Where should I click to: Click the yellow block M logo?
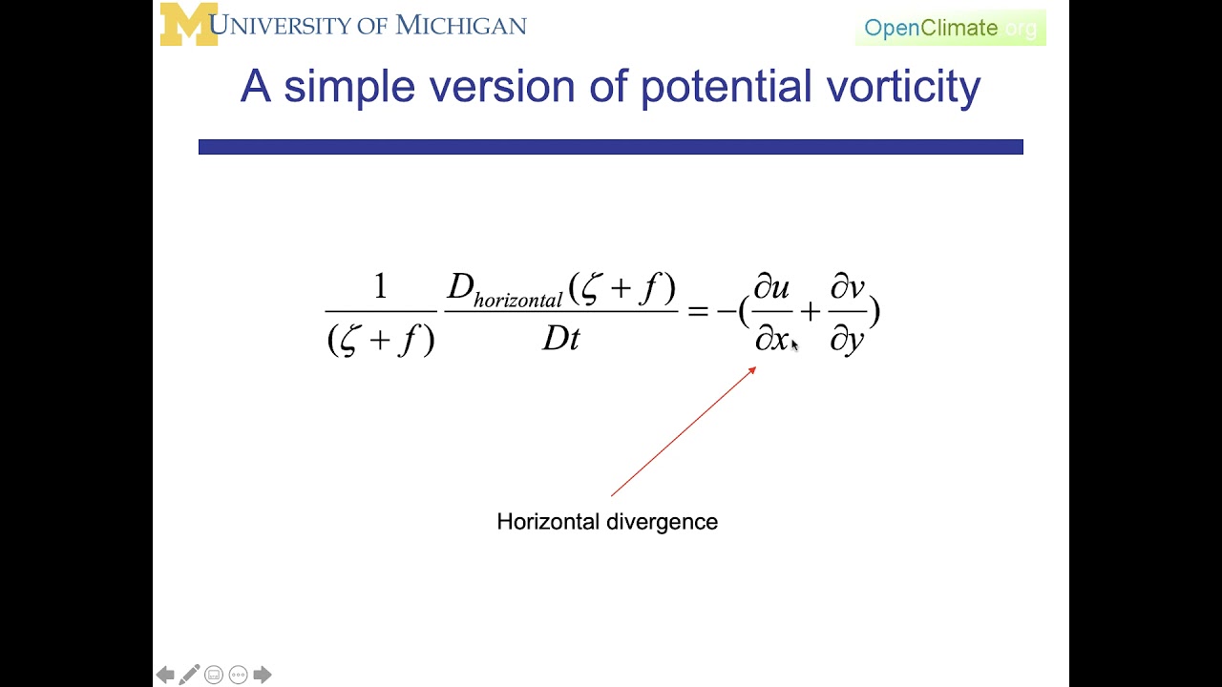188,24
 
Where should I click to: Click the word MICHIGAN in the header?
461,25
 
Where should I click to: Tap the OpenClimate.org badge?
950,28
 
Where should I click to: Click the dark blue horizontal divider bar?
610,147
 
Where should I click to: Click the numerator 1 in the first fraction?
380,286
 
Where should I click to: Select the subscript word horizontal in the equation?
517,301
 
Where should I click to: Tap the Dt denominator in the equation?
560,339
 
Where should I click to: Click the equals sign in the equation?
698,311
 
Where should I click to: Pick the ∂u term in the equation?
771,287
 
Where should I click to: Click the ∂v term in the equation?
847,287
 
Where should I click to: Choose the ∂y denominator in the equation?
847,339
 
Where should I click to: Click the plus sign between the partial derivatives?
810,311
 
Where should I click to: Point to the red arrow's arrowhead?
752,370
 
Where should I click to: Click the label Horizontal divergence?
607,522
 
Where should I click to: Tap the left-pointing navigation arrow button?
165,676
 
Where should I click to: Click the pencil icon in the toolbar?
189,675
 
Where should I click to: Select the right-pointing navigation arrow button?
263,676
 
